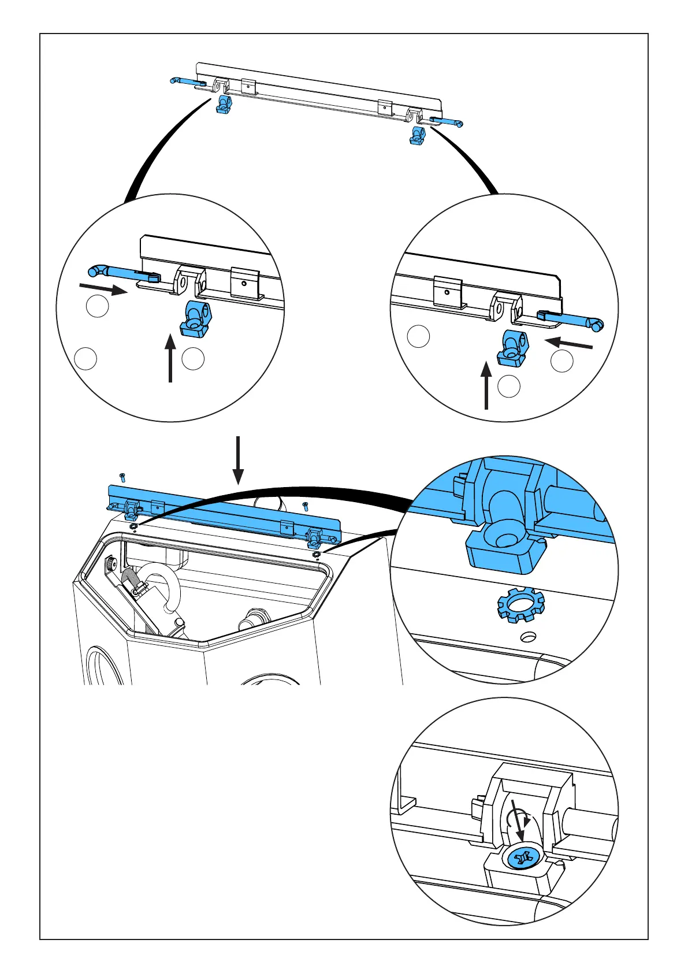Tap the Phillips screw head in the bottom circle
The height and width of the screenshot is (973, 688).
click(523, 859)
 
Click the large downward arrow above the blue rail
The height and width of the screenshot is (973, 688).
click(237, 460)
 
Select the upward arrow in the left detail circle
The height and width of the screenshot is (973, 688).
click(170, 359)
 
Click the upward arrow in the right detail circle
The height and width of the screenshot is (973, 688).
click(486, 385)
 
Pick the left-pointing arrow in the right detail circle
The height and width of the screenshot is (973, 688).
click(569, 343)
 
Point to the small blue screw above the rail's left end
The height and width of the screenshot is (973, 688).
click(122, 477)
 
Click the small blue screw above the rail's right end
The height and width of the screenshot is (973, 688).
click(306, 507)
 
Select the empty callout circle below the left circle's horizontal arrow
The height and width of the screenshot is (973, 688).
click(97, 306)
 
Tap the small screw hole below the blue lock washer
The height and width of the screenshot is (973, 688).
click(528, 637)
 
